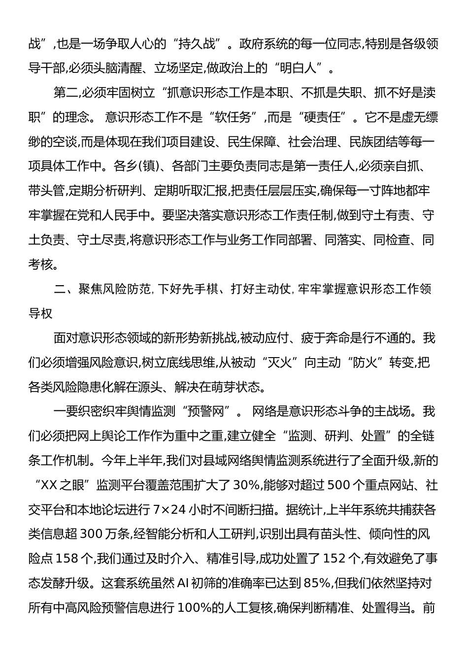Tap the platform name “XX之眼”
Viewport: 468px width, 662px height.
[x=59, y=486]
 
